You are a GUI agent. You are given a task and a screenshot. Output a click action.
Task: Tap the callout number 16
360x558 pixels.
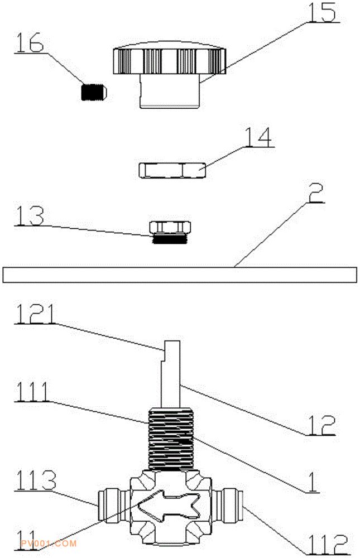tap(30, 42)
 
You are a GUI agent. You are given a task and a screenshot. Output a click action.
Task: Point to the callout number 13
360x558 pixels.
tap(30, 215)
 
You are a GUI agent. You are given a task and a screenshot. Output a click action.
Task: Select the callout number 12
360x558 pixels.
tap(321, 424)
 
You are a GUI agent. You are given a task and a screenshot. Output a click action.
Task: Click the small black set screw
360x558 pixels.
tap(94, 92)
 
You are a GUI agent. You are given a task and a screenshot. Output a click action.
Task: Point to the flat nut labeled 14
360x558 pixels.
tap(172, 170)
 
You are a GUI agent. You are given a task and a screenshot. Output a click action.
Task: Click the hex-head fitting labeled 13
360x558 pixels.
tap(170, 232)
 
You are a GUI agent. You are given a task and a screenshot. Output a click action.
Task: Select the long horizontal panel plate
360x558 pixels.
tap(180, 275)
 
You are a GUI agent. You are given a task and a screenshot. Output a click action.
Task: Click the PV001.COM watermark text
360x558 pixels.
tap(49, 543)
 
